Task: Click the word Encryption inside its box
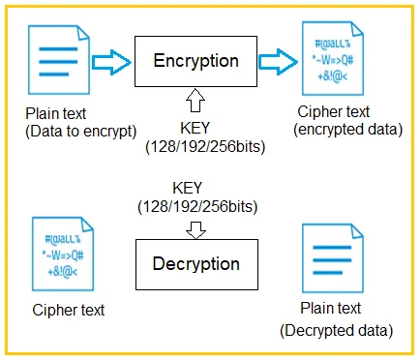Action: tap(195, 61)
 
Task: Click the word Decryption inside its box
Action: tap(196, 263)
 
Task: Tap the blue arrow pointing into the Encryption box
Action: tap(111, 62)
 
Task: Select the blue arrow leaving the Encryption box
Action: tap(278, 62)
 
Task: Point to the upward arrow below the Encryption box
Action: tap(195, 101)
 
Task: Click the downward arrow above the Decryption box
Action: tap(195, 230)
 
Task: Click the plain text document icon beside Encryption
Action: tap(59, 60)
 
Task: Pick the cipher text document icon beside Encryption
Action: tap(333, 58)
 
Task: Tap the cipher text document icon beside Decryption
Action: tap(63, 254)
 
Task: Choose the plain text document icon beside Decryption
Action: tap(333, 258)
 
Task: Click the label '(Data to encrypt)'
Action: tap(81, 132)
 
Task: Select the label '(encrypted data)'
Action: tap(348, 130)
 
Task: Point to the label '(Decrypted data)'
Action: tap(337, 331)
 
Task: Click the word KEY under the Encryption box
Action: tap(195, 128)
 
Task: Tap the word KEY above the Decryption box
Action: tap(187, 188)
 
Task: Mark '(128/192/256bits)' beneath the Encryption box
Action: tap(205, 147)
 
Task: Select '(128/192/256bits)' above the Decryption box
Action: tap(197, 207)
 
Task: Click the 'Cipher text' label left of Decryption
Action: tap(69, 310)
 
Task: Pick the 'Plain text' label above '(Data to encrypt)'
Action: tap(55, 113)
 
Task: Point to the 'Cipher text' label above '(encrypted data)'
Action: tap(334, 112)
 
